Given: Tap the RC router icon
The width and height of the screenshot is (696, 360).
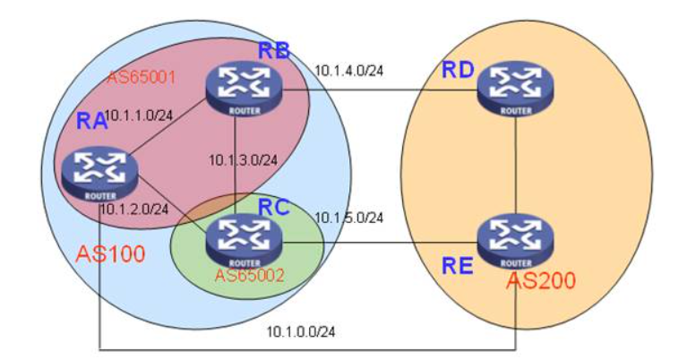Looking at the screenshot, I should [x=245, y=238].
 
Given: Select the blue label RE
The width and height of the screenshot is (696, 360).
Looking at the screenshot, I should [x=453, y=264].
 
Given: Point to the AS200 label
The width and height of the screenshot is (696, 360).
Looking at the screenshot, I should [x=540, y=283].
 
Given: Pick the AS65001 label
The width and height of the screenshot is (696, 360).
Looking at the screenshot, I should [x=141, y=76].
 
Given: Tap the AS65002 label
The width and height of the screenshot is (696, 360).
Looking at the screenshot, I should [x=248, y=274].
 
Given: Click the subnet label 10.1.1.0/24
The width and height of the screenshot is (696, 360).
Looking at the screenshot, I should [x=139, y=116].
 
